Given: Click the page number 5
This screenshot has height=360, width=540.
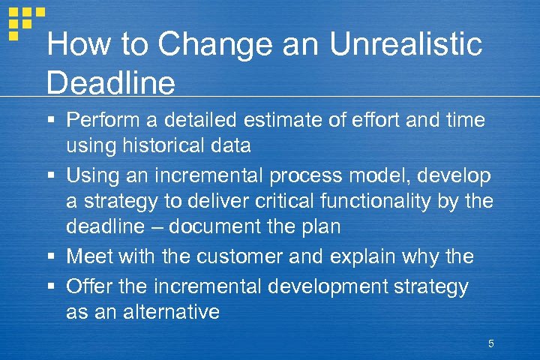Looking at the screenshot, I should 490,344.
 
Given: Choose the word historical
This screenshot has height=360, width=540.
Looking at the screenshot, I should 169,145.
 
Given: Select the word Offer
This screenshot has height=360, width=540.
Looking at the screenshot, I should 87,286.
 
